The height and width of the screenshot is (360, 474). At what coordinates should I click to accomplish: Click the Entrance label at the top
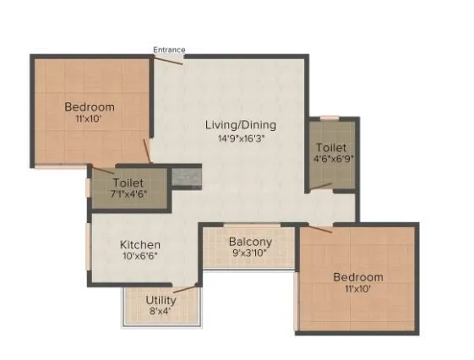click(169, 50)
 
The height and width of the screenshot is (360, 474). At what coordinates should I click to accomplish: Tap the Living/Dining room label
click(241, 125)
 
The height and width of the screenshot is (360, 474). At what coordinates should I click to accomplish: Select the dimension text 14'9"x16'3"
click(241, 138)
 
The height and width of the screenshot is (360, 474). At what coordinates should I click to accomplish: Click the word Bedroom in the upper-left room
click(90, 107)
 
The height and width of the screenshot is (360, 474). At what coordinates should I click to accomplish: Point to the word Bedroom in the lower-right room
click(357, 277)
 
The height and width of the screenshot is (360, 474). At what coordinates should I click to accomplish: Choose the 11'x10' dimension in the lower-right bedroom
click(357, 290)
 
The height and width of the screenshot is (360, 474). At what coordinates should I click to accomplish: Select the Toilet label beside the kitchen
click(128, 182)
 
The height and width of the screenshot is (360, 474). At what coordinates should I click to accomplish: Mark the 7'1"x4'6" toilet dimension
click(128, 194)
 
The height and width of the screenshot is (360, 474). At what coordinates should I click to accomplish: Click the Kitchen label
click(139, 245)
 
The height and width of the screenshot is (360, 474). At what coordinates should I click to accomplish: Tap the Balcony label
click(249, 240)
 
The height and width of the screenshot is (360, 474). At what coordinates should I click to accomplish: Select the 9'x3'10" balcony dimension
click(249, 252)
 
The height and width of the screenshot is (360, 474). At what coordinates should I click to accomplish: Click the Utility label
click(161, 300)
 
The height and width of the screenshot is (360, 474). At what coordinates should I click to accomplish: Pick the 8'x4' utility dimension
click(161, 312)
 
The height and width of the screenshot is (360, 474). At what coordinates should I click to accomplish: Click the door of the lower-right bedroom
click(320, 226)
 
